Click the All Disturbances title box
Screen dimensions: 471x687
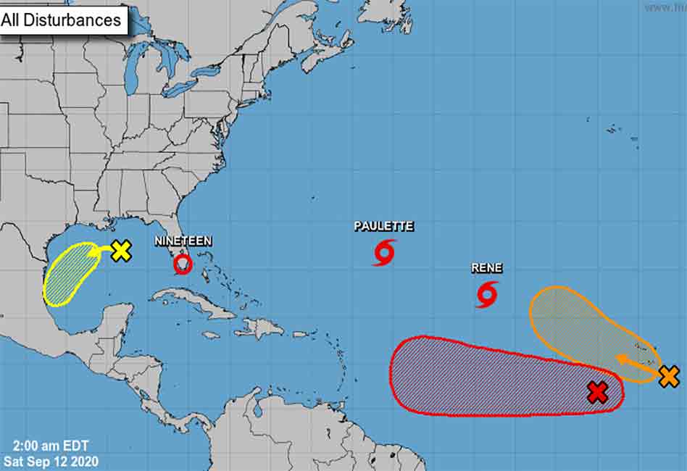tap(64, 20)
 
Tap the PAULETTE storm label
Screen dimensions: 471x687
tap(383, 226)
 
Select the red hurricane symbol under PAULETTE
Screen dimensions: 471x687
tap(385, 252)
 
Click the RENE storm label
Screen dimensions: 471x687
tap(486, 268)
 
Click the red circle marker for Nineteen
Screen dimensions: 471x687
tap(183, 264)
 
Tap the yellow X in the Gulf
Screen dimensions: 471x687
tap(121, 251)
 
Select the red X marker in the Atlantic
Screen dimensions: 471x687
tap(597, 393)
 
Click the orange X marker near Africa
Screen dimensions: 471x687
tap(669, 377)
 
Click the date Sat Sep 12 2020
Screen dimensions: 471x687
tap(51, 460)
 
